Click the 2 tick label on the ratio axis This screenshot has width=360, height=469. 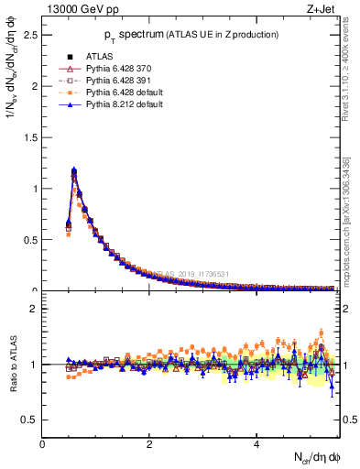[35, 309]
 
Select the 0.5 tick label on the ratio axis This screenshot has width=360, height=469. [31, 420]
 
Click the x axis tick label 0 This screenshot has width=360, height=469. [43, 444]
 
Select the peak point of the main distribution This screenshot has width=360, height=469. [74, 170]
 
